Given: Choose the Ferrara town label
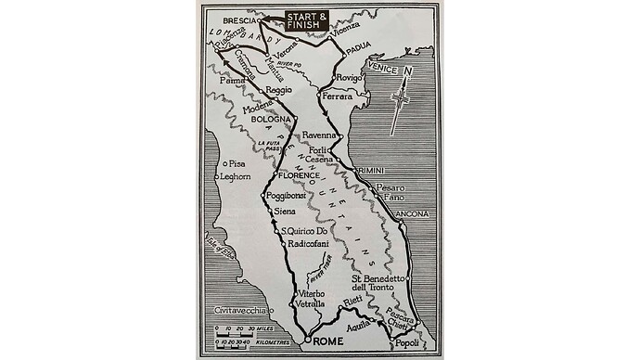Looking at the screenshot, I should click(x=339, y=96).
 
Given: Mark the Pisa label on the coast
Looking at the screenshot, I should click(x=237, y=164).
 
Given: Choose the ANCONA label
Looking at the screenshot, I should click(x=412, y=214).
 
